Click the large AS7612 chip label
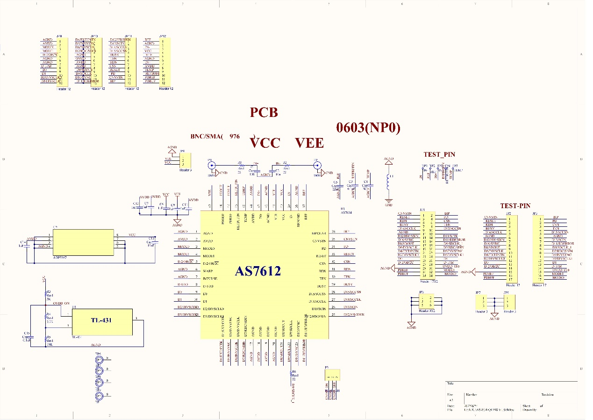pos(258,271)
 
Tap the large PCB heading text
pos(264,112)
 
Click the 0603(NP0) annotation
pos(368,128)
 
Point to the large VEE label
pos(309,143)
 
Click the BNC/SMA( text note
pos(207,137)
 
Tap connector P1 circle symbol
pos(211,165)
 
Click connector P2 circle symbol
pos(316,165)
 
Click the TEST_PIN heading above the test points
pos(439,154)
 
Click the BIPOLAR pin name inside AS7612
pos(319,232)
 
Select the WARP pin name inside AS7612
pos(208,271)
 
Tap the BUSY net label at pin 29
pos(349,285)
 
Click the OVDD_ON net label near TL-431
pos(61,304)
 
